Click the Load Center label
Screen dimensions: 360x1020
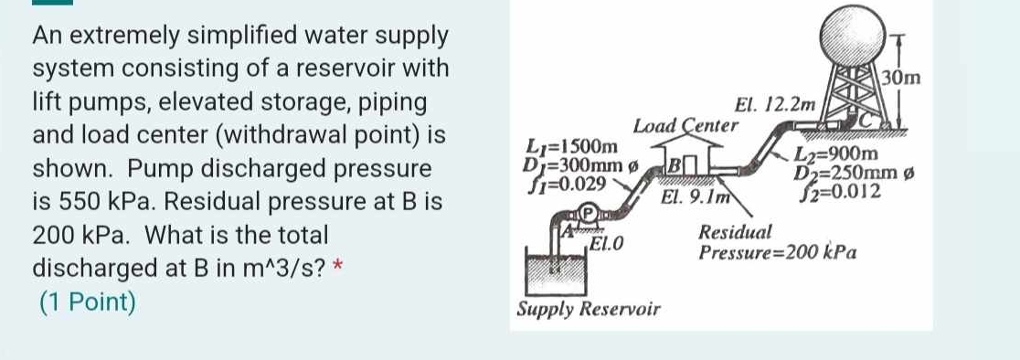click(685, 125)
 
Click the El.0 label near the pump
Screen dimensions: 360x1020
click(606, 242)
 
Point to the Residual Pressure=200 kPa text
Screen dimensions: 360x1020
click(776, 243)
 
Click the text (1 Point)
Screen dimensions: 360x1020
click(87, 301)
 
